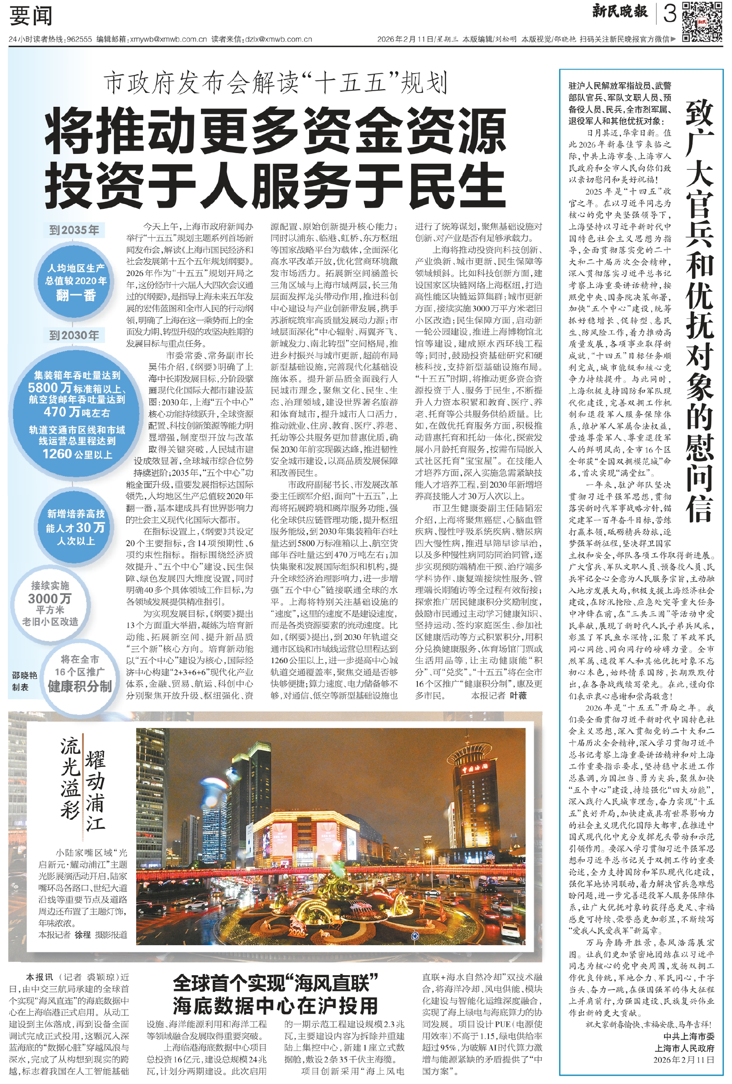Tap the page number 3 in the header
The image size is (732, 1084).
point(669,14)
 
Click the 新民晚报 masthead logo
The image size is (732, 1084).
point(619,12)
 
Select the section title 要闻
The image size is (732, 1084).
point(31,17)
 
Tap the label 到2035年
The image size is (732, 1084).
point(74,230)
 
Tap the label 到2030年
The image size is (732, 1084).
point(74,335)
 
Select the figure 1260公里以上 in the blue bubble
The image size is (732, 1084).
point(77,454)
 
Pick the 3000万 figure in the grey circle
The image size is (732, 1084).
point(50,598)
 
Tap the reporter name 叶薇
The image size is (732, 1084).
point(518,695)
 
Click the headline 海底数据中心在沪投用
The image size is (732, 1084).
point(275,1006)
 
